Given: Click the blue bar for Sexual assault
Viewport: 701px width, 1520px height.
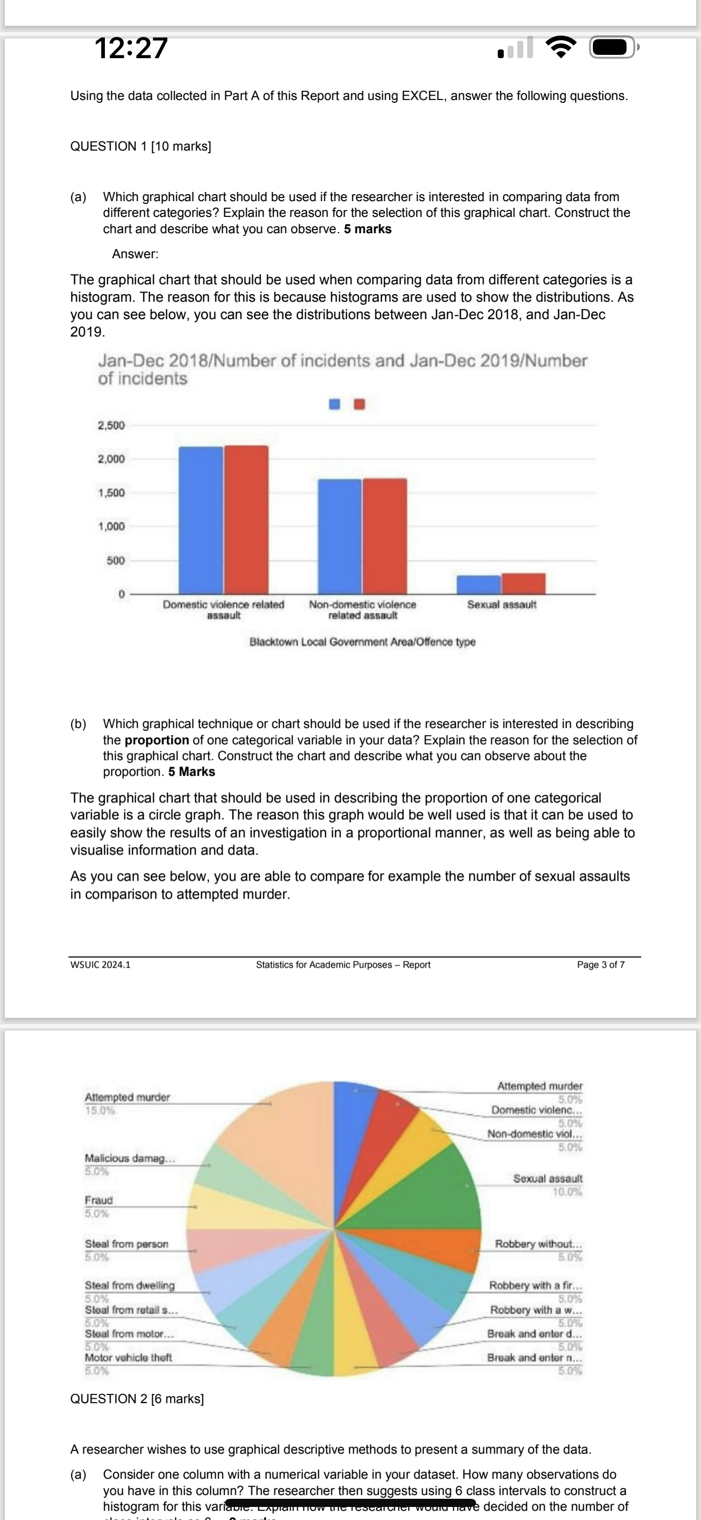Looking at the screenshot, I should coord(479,584).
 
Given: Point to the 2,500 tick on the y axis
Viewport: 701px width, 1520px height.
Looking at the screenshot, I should coord(111,426).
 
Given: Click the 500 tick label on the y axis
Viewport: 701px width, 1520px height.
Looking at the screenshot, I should coord(116,560).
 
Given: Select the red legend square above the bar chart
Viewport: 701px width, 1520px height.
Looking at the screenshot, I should coord(359,404).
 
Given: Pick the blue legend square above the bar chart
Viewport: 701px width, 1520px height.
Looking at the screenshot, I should coord(335,404).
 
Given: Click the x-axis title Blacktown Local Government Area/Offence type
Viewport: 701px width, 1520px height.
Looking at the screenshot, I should coord(362,641).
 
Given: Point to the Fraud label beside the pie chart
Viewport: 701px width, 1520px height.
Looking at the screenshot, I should coord(98,1200).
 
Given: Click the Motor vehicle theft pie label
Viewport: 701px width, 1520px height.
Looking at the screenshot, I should coord(128,1357).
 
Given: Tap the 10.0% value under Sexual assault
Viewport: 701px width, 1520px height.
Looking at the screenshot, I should coord(567,1191).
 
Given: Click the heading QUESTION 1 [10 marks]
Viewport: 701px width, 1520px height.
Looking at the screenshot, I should coord(140,146).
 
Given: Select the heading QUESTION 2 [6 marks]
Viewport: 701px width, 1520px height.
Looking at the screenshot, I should coord(137,1398).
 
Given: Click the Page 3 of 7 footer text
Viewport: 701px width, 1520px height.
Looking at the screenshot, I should coord(600,965).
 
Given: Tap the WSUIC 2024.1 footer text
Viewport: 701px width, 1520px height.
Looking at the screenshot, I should coord(101,965).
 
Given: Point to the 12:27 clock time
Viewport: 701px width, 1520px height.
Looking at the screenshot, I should coord(131,48).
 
